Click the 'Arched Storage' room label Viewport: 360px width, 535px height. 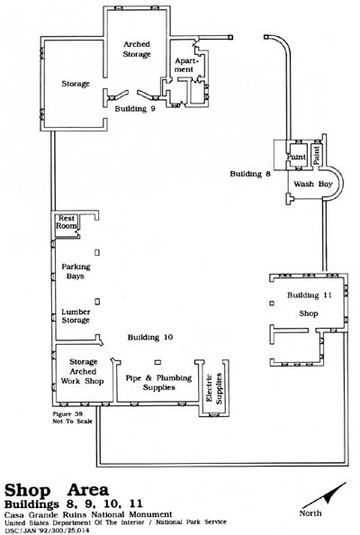[x=137, y=50]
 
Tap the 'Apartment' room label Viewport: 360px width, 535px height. [x=184, y=65]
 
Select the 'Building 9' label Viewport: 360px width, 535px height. [x=135, y=109]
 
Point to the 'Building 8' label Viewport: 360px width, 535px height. [x=250, y=174]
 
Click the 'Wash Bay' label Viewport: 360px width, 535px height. [x=312, y=184]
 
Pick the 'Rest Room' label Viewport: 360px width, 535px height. [x=66, y=222]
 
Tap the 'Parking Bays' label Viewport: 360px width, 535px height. [x=76, y=271]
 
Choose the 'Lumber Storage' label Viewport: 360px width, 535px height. [x=76, y=316]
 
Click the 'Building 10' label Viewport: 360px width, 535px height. [x=150, y=337]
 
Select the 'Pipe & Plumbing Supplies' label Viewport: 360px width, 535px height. [x=159, y=383]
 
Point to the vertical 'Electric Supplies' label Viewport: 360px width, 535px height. [x=214, y=388]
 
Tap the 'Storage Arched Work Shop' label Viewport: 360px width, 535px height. [x=83, y=371]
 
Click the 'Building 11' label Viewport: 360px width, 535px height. [x=310, y=295]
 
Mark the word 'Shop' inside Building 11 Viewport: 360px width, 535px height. [x=309, y=313]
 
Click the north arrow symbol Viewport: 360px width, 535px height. [x=324, y=495]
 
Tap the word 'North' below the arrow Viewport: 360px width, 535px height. [x=310, y=513]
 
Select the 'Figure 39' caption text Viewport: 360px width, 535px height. [x=67, y=414]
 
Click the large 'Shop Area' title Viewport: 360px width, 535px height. [x=57, y=490]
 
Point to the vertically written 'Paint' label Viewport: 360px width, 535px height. [x=317, y=156]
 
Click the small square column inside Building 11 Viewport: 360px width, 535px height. [x=272, y=303]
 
